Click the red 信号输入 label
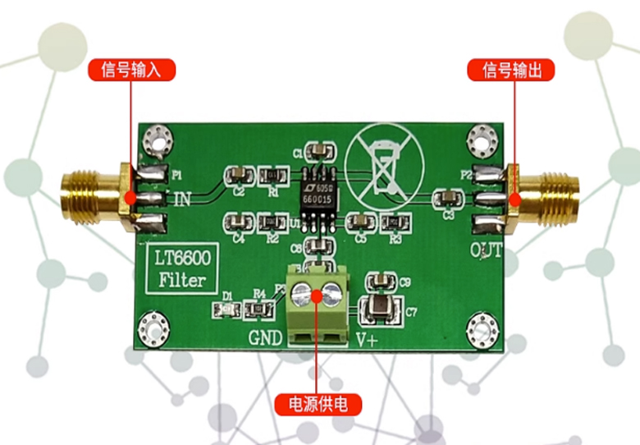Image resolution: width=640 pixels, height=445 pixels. (131, 70)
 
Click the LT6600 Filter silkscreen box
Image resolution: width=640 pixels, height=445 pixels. (183, 270)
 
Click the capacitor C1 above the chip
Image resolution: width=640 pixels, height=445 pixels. (318, 150)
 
